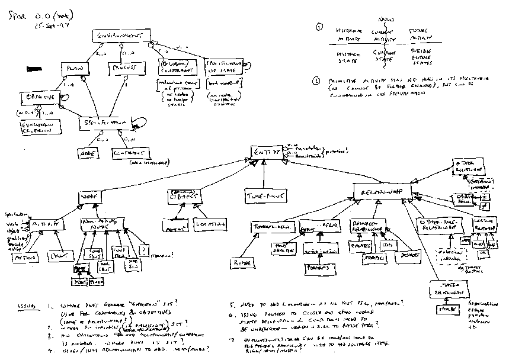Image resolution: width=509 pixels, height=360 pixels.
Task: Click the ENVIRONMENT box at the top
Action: pos(120,37)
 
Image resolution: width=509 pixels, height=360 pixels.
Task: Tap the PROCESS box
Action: pos(127,69)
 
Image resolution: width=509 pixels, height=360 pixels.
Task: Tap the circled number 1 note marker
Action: pos(319,27)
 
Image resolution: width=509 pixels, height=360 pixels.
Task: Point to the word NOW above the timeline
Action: pos(385,19)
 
